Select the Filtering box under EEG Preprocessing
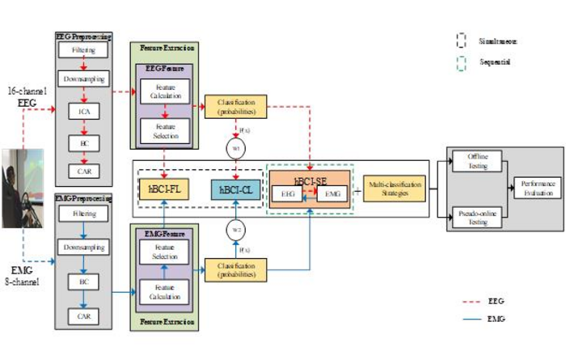coord(84,51)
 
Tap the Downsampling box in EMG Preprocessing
coord(84,245)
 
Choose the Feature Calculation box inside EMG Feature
coord(165,292)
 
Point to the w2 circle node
coord(234,227)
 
